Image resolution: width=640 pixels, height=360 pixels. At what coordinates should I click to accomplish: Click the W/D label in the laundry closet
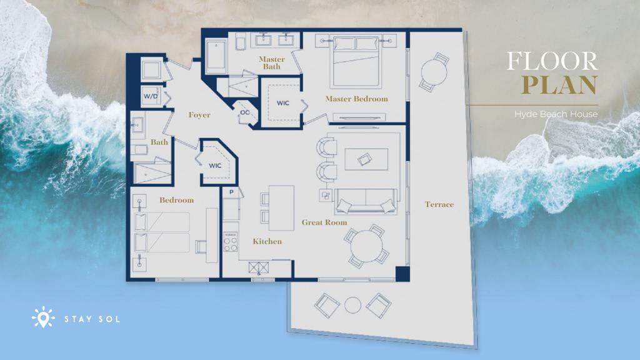coord(150,96)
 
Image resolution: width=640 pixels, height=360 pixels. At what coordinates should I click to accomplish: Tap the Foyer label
coord(199,115)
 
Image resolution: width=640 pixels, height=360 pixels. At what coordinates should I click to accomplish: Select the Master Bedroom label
coord(356,99)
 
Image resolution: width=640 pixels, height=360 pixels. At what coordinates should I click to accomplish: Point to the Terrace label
coord(439,204)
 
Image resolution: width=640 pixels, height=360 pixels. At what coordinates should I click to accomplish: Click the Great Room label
coord(324,222)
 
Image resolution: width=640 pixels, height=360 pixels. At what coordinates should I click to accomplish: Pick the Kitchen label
coord(267,241)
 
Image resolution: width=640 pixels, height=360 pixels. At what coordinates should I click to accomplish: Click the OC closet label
coord(245,112)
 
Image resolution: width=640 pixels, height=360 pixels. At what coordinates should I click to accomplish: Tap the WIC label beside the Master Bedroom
coord(283,103)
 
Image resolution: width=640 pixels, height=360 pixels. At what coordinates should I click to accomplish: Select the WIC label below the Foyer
coord(215,165)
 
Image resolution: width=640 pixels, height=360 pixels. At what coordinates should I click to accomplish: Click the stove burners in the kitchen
coord(231,242)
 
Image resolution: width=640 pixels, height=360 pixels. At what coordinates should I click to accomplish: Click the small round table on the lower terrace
coord(352,305)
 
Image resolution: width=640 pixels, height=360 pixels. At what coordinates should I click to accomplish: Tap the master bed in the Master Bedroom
coord(356,61)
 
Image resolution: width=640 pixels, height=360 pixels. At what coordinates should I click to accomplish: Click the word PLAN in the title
coord(559,84)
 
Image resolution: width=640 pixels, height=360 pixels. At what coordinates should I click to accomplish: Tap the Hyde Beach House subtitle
coord(556,114)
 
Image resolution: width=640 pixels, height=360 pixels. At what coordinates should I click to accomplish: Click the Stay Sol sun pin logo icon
coord(43,317)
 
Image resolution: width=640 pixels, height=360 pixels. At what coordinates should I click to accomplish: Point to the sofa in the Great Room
coord(366,201)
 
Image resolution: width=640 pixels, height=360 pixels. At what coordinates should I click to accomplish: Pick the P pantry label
coord(231,192)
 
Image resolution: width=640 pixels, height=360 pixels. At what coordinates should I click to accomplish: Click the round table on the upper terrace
coord(434,72)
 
